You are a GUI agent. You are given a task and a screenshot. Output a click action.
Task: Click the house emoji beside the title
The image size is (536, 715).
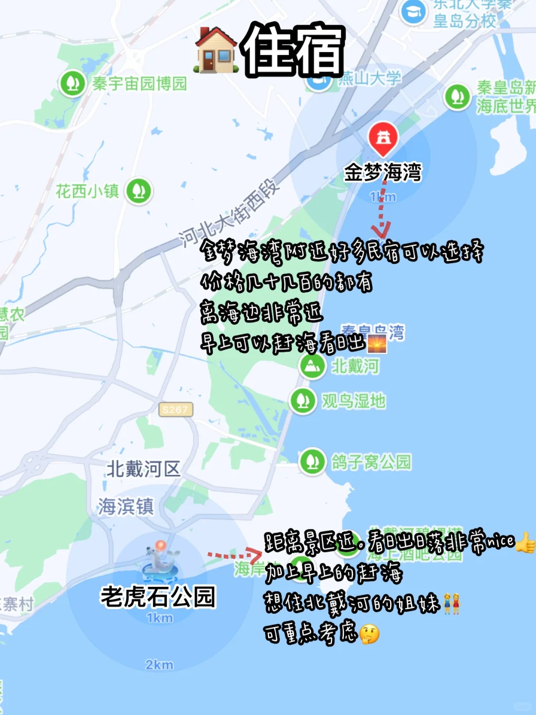(216, 51)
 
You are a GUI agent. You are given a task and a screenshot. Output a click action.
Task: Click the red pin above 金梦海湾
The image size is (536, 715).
(383, 138)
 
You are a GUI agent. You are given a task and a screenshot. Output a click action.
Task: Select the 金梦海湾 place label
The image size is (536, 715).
(383, 173)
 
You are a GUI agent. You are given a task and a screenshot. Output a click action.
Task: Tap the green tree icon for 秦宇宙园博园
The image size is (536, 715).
(73, 83)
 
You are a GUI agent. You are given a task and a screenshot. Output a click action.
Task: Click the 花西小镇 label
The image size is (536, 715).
(87, 191)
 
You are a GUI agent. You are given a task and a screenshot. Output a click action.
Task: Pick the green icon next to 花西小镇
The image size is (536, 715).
(138, 191)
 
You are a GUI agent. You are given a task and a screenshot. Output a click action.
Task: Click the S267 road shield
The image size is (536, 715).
(175, 410)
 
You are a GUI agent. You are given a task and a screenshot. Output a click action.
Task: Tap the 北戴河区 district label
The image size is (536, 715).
(143, 469)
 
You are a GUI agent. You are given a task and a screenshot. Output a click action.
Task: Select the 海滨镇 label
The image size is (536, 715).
(126, 506)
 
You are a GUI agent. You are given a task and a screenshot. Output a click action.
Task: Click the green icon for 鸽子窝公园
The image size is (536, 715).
(312, 462)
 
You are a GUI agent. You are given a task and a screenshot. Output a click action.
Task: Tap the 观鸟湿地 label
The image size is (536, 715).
(353, 401)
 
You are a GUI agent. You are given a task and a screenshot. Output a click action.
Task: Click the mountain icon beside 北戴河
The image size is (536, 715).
(312, 366)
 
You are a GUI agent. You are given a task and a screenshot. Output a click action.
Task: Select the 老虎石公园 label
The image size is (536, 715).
(158, 597)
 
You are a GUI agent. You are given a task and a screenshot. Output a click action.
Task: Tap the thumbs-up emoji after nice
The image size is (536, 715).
(525, 543)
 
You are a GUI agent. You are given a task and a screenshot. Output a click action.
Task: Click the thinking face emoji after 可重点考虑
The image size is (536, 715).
(370, 634)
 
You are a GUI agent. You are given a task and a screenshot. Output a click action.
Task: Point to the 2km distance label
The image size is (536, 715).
(159, 664)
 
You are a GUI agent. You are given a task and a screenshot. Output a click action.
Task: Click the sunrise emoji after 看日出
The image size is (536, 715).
(377, 344)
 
